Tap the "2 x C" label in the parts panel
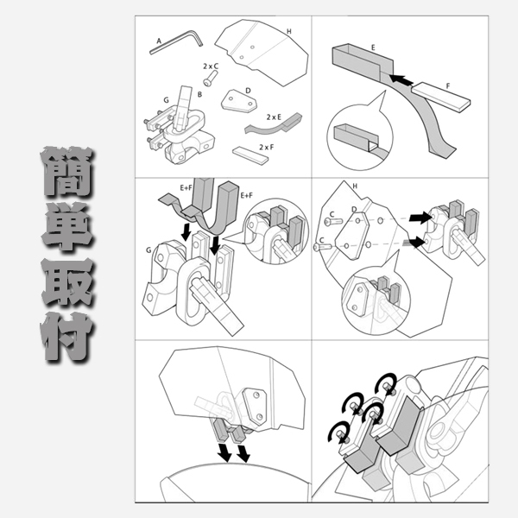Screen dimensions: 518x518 click(x=210, y=66)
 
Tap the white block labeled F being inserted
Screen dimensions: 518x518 click(x=440, y=92)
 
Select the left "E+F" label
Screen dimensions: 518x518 click(x=186, y=184)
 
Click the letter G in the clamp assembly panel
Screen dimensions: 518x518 click(x=150, y=252)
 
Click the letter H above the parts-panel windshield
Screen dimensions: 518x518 click(x=288, y=31)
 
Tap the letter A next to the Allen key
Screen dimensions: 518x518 click(x=159, y=40)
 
